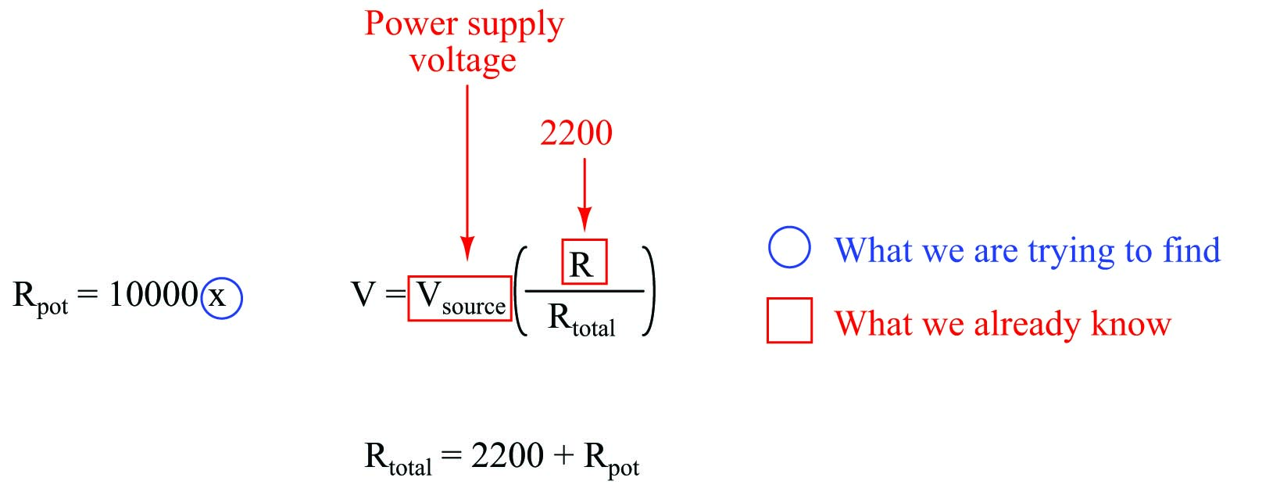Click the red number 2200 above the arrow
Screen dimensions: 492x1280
click(576, 134)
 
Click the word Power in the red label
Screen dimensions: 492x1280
click(411, 23)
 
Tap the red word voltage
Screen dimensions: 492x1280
click(463, 60)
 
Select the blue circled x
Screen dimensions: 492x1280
click(221, 298)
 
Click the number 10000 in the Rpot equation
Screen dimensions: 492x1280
click(153, 295)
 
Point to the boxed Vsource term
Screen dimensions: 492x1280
click(460, 298)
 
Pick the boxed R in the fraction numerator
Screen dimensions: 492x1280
click(583, 263)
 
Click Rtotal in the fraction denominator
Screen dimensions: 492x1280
click(581, 319)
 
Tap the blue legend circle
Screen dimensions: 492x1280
click(789, 248)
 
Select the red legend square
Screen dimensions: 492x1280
click(789, 321)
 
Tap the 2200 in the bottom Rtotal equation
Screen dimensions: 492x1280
click(507, 455)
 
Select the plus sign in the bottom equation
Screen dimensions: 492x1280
click(563, 456)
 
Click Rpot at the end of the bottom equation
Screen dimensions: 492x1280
click(610, 458)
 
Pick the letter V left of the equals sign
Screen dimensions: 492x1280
click(363, 295)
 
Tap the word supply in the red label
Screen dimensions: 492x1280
click(514, 26)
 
